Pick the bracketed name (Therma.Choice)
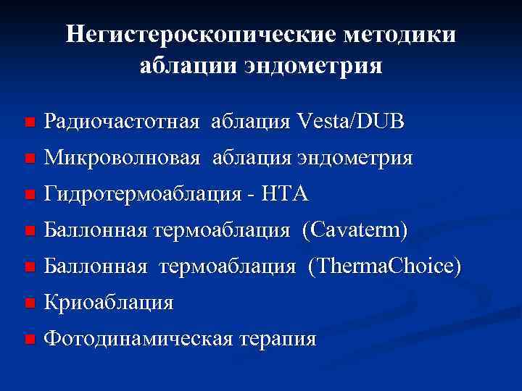pos(384,266)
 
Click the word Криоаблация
pos(108,303)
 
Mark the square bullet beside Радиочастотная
pos(28,123)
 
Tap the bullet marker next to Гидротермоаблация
pos(28,195)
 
